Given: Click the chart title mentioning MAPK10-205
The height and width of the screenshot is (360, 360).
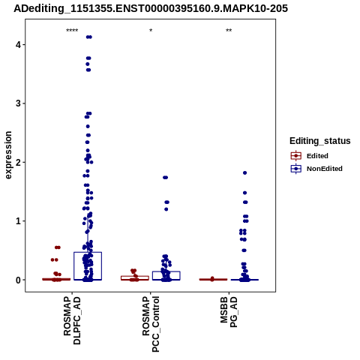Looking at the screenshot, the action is point(151,8).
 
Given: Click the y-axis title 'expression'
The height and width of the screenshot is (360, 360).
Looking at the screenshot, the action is point(8,155).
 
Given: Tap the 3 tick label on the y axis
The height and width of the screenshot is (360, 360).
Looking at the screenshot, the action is point(18,103).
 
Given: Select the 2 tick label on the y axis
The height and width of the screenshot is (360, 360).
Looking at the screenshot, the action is point(18,162).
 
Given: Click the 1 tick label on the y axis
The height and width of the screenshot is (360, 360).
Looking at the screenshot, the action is point(18,221).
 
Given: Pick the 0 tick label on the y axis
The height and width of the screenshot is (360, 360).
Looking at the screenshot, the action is point(18,280).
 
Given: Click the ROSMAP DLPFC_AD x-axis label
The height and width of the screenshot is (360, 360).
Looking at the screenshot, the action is point(72,320).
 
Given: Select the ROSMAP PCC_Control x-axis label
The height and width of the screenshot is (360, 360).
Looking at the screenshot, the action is point(151,324).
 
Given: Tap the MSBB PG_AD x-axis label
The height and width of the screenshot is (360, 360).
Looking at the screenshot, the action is point(229,312).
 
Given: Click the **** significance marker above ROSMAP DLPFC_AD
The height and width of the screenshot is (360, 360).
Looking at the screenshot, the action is point(72,31).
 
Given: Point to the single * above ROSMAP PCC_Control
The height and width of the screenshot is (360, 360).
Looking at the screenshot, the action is point(151,31).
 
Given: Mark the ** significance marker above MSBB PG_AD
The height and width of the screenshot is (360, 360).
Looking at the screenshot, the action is point(229,31).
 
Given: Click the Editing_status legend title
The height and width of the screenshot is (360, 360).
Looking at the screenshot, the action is point(320,141).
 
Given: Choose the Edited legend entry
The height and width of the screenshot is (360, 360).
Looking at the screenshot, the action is point(310,156).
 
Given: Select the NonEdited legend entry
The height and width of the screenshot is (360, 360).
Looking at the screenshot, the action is point(316,169).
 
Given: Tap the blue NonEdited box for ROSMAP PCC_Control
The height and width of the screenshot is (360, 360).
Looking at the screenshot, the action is point(166,271).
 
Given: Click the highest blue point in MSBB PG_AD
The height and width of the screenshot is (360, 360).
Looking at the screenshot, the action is point(245,172).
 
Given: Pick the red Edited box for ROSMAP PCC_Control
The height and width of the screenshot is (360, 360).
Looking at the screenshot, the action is point(135,276).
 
